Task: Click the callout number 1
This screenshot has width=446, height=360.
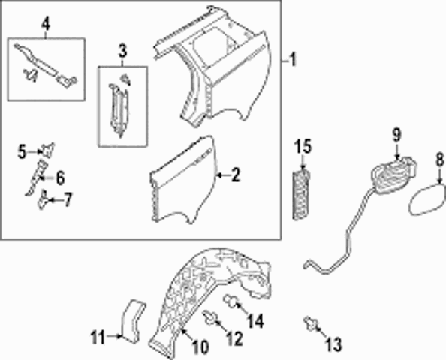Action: point(293,60)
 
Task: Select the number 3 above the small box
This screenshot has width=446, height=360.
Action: point(122,52)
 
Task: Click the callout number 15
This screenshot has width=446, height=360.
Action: point(303,146)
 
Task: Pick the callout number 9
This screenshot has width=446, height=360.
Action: point(396,135)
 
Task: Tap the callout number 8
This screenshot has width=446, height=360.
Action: point(440,160)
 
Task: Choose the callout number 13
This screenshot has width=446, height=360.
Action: point(333,344)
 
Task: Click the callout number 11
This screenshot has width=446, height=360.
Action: point(98,337)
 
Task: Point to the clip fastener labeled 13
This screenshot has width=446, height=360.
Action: point(311,324)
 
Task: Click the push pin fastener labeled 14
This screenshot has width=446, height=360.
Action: point(231,302)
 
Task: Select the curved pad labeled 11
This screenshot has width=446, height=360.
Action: point(133,321)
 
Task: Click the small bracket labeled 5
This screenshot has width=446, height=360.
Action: point(48,150)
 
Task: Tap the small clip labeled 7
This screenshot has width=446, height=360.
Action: point(43,199)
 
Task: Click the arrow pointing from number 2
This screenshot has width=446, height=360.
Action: point(222,176)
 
